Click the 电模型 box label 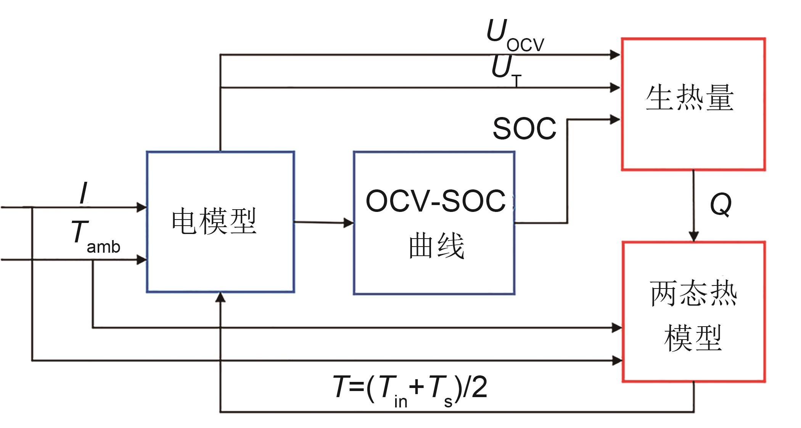(214, 221)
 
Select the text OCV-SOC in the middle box (436, 201)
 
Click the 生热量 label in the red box (690, 98)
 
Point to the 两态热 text (693, 293)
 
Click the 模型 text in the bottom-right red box (693, 338)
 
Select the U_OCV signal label (515, 36)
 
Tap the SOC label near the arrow (524, 128)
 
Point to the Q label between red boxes (721, 205)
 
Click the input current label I (84, 193)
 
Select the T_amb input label (95, 237)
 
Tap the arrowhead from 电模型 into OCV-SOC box (349, 223)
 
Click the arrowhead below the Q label (693, 236)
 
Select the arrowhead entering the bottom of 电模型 (220, 297)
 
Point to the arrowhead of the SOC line (615, 120)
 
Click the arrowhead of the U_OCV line (615, 55)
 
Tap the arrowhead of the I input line (142, 207)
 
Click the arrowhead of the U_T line (615, 88)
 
